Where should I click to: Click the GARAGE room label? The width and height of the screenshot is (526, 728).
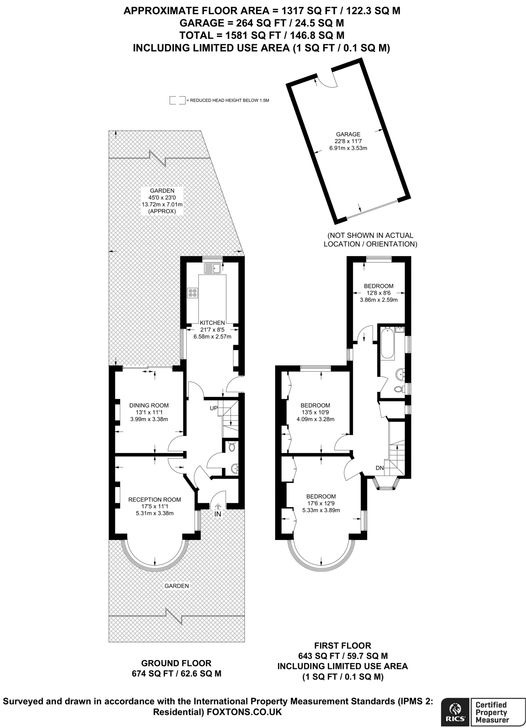[348, 134]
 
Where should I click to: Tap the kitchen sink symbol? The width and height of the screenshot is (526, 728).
[213, 268]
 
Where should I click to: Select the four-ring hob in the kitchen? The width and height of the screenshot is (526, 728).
[193, 293]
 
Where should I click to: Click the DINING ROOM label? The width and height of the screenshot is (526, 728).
[149, 405]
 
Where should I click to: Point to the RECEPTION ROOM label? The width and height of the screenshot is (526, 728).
[155, 499]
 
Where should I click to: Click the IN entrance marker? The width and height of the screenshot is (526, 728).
[218, 514]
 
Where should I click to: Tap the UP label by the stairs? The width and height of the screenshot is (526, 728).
[213, 408]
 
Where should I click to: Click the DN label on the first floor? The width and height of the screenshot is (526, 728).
[380, 468]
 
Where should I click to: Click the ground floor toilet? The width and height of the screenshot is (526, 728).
[232, 447]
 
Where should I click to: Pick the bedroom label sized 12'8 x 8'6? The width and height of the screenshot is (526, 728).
[379, 293]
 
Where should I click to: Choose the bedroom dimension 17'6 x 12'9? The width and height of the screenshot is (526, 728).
[321, 503]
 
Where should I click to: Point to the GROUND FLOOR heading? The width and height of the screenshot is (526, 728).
[176, 663]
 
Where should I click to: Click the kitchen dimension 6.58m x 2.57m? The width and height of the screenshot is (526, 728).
[212, 336]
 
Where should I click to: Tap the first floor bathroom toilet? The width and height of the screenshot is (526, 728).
[399, 389]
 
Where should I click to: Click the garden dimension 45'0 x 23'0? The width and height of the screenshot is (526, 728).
[162, 198]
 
